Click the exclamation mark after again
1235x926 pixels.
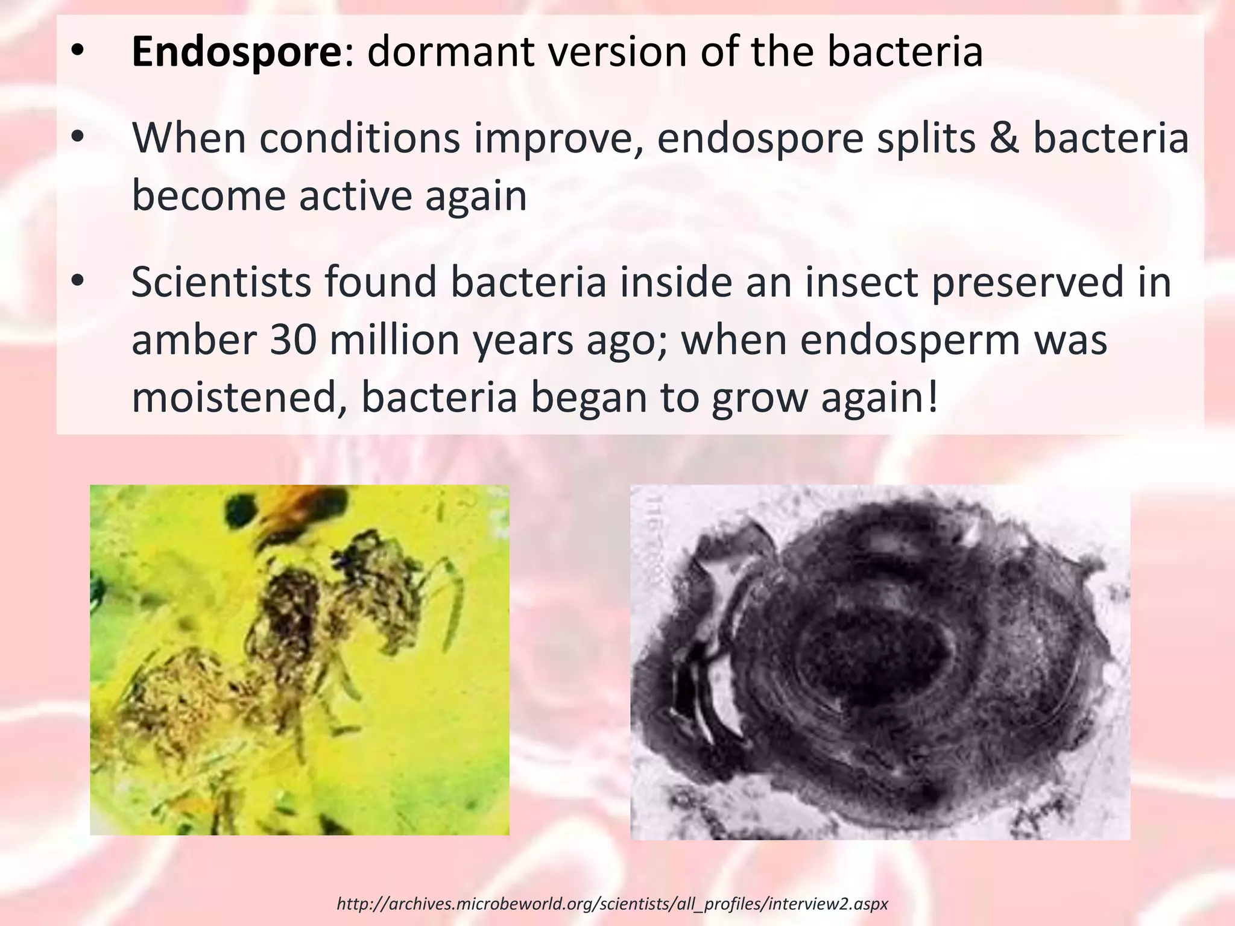pyautogui.click(x=933, y=398)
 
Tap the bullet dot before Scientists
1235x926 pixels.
pyautogui.click(x=77, y=282)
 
